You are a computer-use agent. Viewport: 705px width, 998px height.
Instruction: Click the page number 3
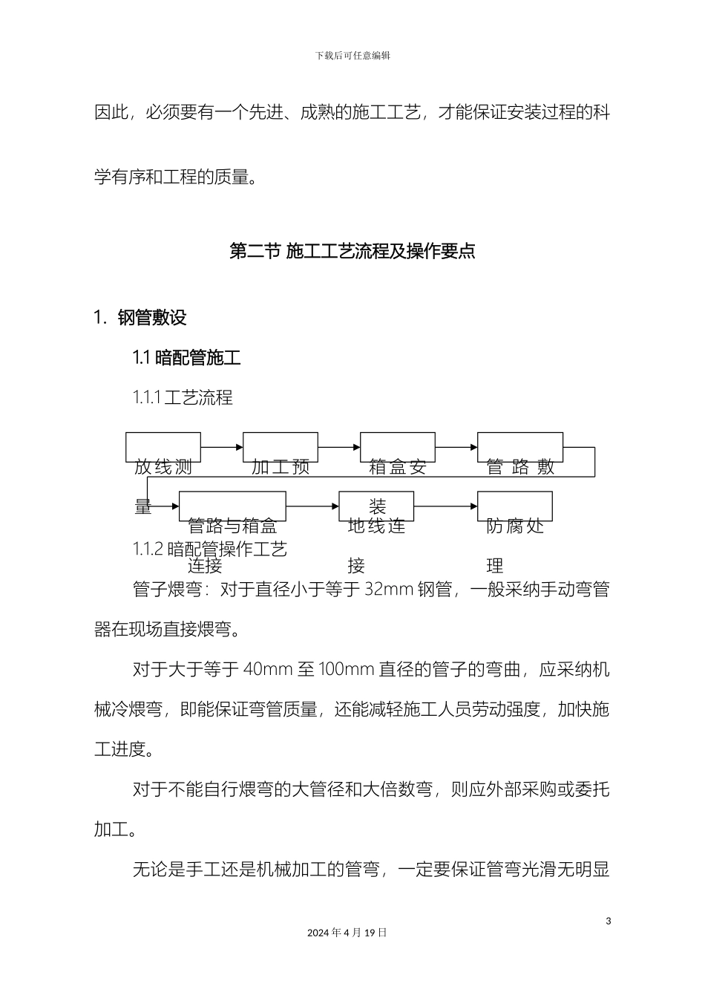(x=608, y=922)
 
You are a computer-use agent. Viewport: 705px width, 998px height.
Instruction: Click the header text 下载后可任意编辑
(x=352, y=56)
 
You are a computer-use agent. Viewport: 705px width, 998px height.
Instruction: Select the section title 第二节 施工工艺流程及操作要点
(x=352, y=251)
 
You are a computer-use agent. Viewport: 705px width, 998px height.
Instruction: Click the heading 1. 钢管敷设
(x=140, y=318)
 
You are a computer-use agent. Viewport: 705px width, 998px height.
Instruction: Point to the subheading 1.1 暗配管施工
(x=187, y=358)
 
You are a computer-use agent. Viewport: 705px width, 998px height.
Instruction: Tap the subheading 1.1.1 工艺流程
(x=183, y=398)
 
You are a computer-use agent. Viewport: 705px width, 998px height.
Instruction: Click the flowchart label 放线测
(x=163, y=467)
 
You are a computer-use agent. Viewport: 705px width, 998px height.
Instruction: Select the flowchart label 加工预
(x=281, y=467)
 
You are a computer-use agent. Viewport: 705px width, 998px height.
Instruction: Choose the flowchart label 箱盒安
(x=398, y=467)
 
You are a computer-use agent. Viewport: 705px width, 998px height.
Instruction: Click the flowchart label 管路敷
(x=520, y=467)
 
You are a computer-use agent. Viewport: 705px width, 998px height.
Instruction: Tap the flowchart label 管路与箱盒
(x=232, y=526)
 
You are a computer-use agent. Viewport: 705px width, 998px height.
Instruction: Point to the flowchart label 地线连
(x=377, y=526)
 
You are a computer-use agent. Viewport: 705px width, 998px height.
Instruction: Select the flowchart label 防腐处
(x=516, y=526)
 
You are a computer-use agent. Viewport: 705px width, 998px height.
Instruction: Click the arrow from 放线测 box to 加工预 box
(x=222, y=447)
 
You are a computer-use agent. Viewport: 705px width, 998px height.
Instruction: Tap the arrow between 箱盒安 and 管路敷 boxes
(x=456, y=447)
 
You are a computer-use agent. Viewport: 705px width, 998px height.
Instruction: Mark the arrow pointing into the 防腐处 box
(x=445, y=506)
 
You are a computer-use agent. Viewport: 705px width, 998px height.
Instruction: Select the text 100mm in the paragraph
(x=345, y=670)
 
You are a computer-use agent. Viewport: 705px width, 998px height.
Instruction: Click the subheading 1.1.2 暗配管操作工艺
(x=210, y=549)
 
